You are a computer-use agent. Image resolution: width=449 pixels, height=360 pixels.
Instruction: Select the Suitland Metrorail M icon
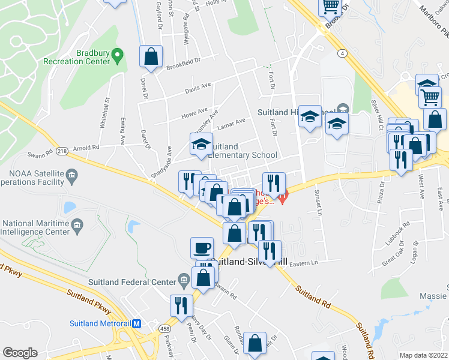pos(136,323)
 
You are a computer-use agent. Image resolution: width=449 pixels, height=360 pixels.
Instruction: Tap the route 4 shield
pos(341,53)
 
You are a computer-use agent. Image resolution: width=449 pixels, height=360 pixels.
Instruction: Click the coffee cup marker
pos(202,247)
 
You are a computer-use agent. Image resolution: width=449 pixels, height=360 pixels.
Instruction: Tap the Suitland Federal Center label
pos(131,281)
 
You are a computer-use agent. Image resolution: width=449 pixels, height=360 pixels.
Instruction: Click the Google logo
pos(20,352)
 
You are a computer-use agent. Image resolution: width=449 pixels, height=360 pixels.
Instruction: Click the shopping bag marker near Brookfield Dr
pos(151,56)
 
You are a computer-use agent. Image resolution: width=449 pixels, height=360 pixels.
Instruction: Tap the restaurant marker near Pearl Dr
pos(181,305)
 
